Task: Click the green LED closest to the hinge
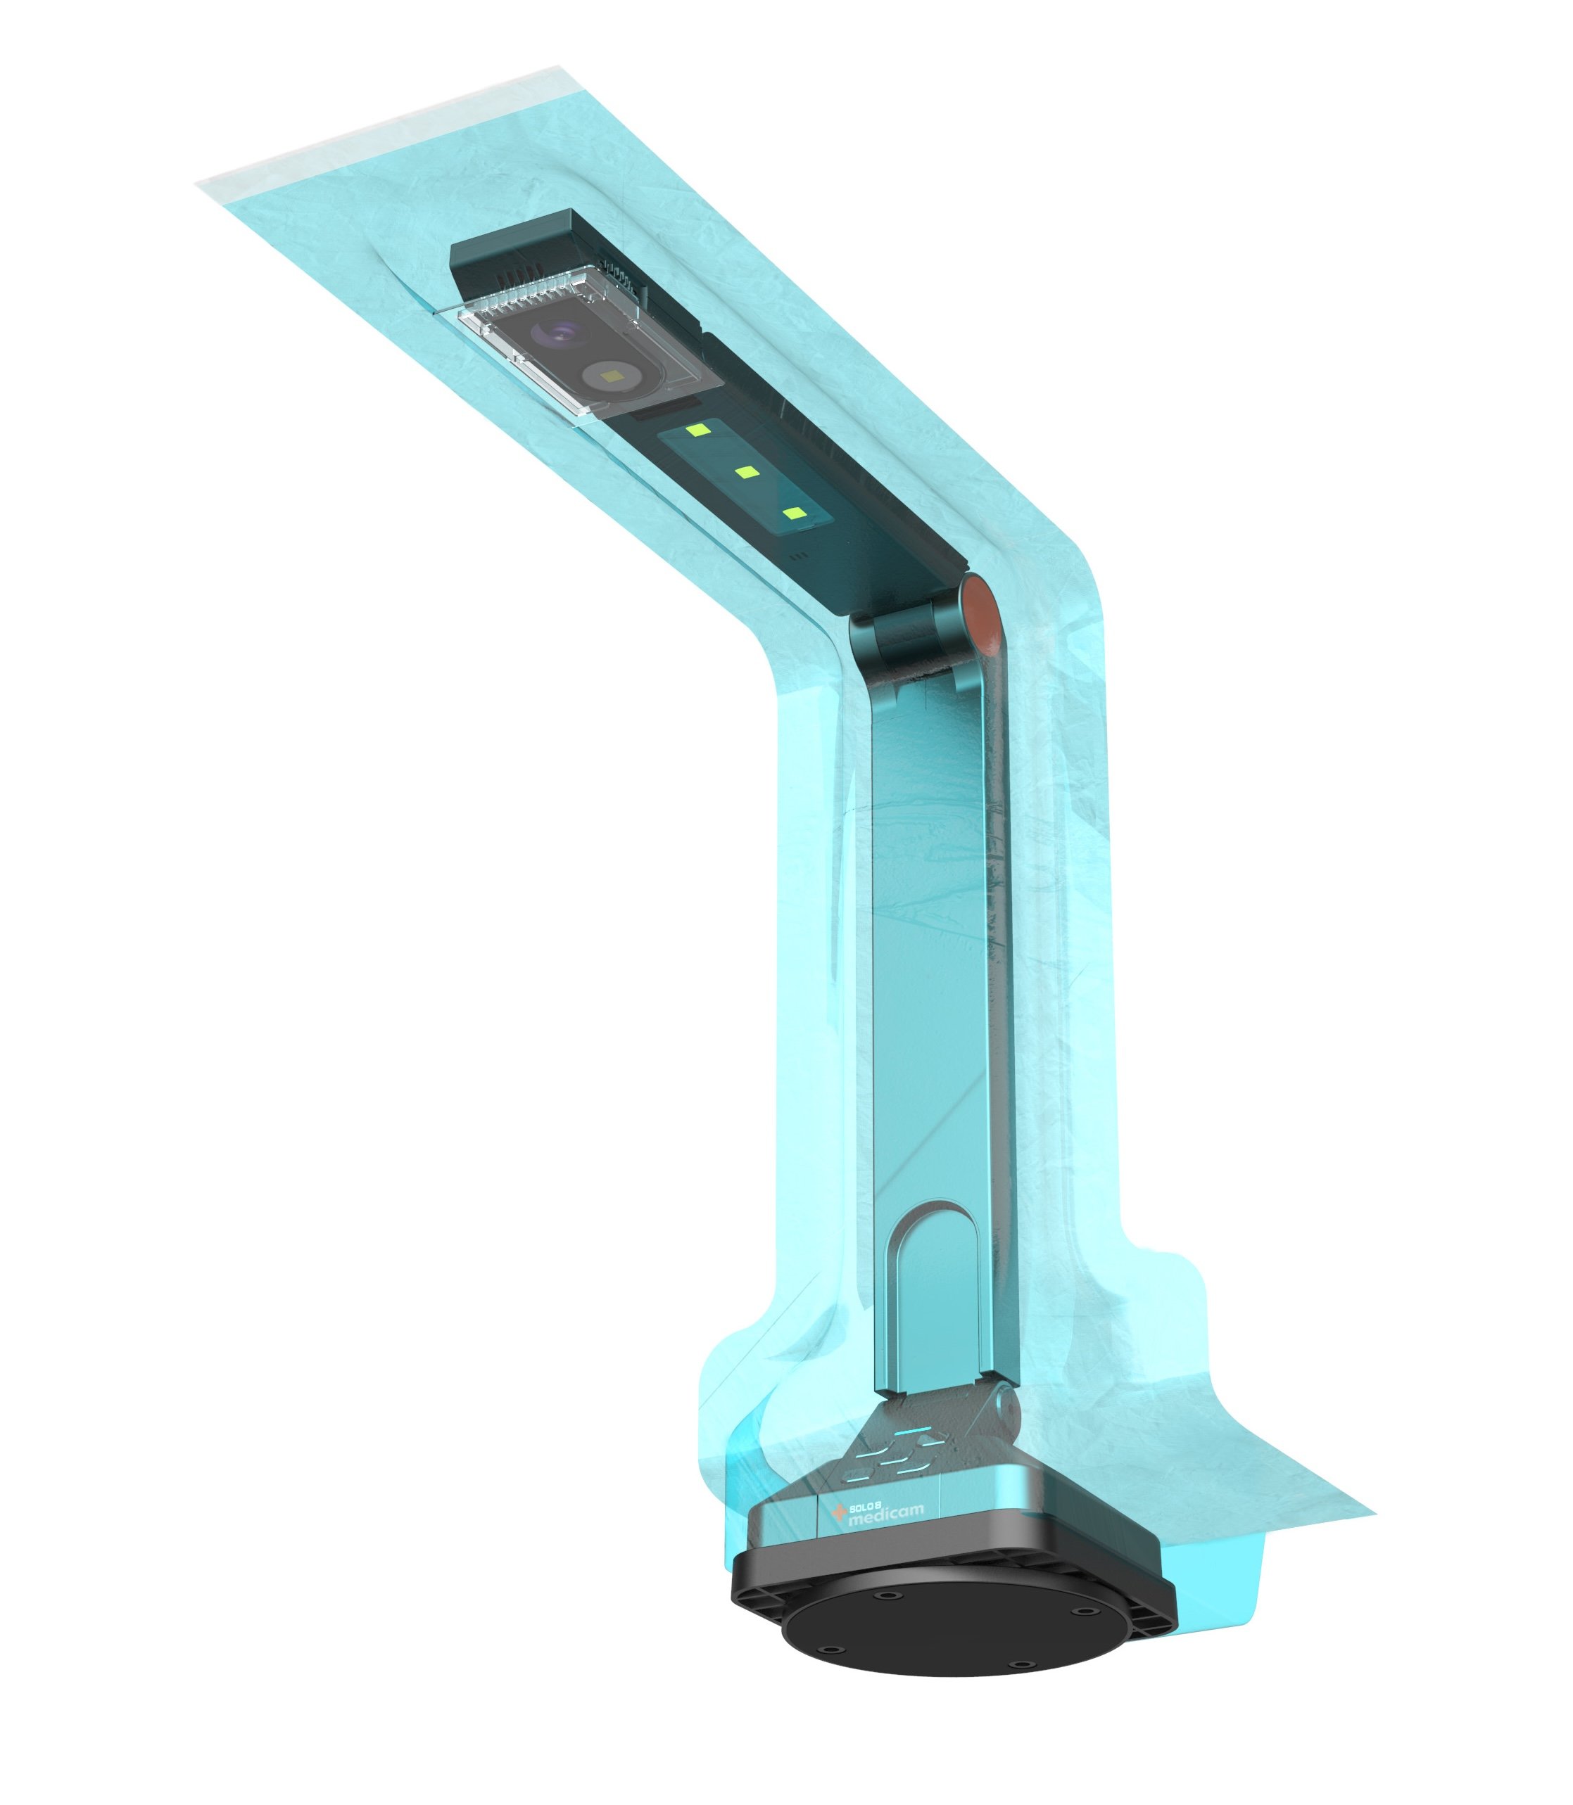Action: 795,514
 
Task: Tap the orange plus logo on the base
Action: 838,1512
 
